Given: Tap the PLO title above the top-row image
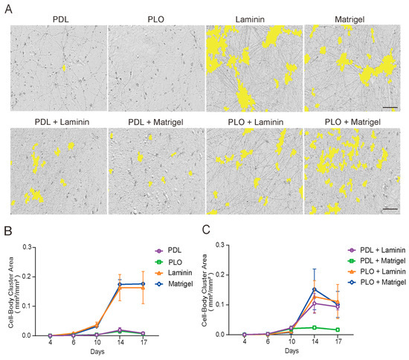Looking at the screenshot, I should [x=155, y=16].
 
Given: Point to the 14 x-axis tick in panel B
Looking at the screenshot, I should [x=119, y=343].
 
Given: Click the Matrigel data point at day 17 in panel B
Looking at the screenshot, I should [x=143, y=283].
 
